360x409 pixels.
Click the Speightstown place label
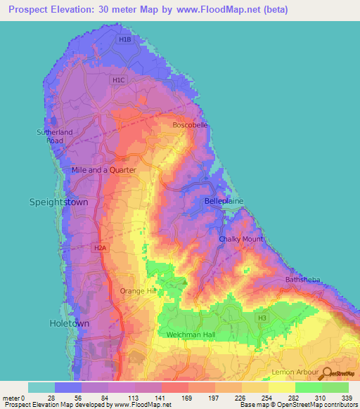pyautogui.click(x=58, y=202)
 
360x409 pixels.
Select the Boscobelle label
pyautogui.click(x=191, y=125)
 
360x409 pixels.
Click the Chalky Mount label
pyautogui.click(x=240, y=239)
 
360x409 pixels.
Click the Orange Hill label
pyautogui.click(x=137, y=291)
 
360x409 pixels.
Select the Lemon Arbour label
pyautogui.click(x=295, y=370)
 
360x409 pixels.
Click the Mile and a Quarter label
pyautogui.click(x=103, y=170)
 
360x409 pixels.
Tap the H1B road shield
pyautogui.click(x=125, y=40)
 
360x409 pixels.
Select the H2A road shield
pyautogui.click(x=101, y=248)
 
